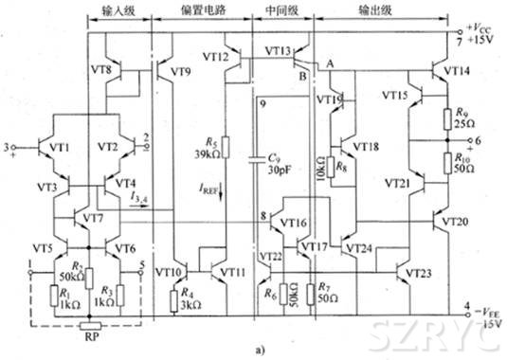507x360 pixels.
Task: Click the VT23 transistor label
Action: tap(423, 273)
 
